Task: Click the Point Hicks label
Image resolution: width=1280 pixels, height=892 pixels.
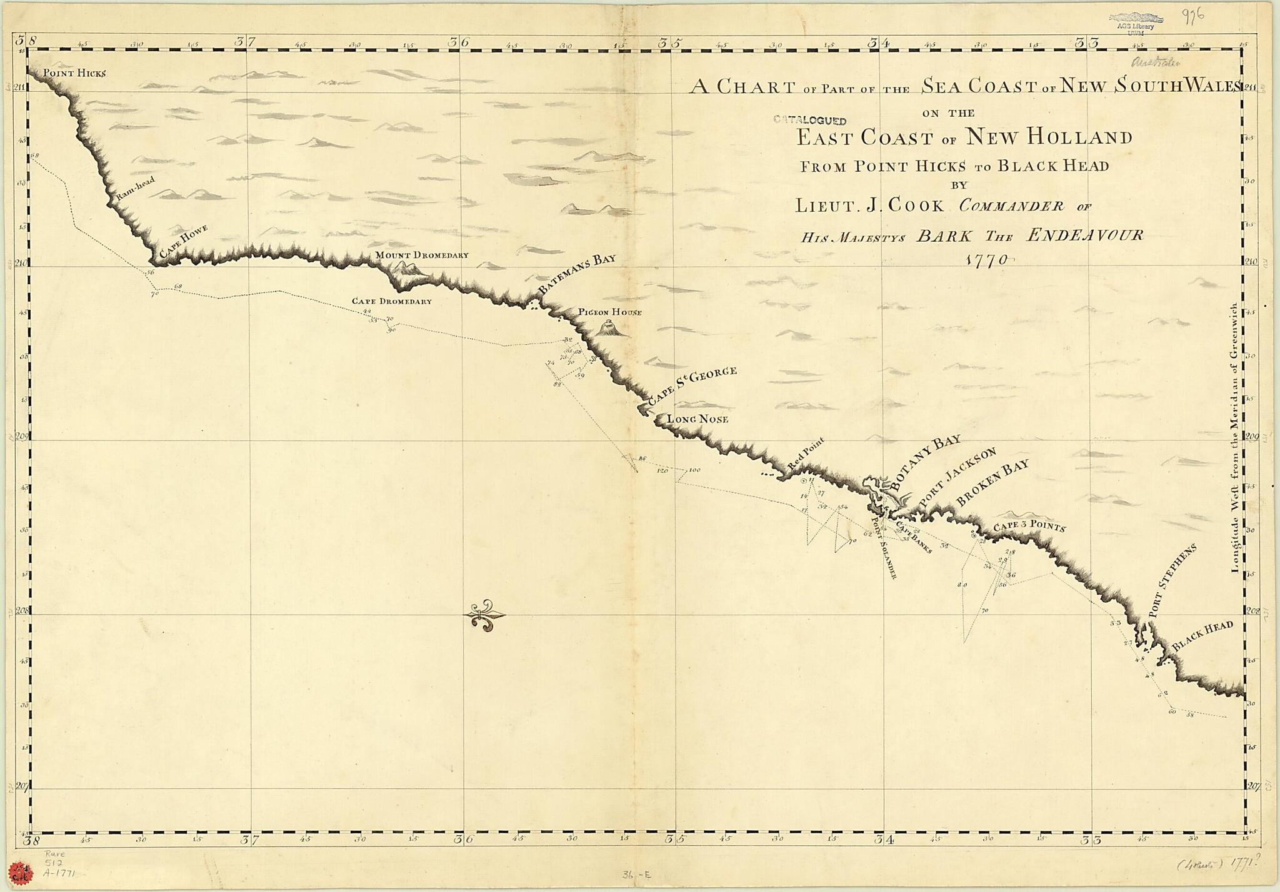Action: pyautogui.click(x=74, y=73)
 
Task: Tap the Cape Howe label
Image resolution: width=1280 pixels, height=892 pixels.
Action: pyautogui.click(x=182, y=241)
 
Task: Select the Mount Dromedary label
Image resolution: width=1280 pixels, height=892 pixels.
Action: pyautogui.click(x=421, y=255)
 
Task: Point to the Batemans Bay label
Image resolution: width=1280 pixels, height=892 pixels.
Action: pyautogui.click(x=576, y=274)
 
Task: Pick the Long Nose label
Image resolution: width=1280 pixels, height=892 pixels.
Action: pyautogui.click(x=697, y=419)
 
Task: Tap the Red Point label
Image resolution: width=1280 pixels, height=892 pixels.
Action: pyautogui.click(x=806, y=454)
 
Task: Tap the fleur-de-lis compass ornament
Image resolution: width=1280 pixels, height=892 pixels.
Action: pyautogui.click(x=484, y=615)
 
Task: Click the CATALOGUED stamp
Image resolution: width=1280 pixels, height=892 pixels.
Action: pyautogui.click(x=809, y=121)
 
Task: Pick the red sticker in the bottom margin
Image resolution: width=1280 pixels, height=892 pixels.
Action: pyautogui.click(x=19, y=871)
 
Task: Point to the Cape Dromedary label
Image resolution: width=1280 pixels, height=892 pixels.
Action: pyautogui.click(x=391, y=301)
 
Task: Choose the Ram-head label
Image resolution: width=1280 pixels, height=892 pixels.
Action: pyautogui.click(x=135, y=189)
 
